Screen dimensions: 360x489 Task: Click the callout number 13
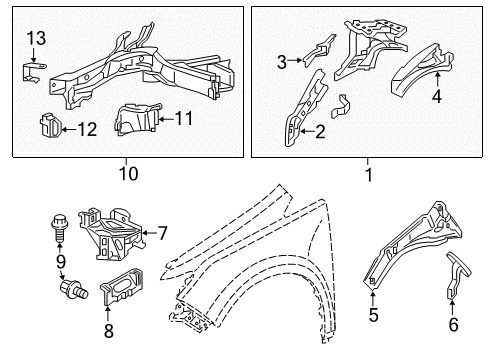[35, 39]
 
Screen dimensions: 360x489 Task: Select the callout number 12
[88, 128]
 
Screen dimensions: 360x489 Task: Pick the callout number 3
[282, 62]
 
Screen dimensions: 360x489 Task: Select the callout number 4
[436, 97]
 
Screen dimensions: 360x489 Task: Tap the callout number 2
[320, 129]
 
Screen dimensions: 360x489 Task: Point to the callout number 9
[59, 262]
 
